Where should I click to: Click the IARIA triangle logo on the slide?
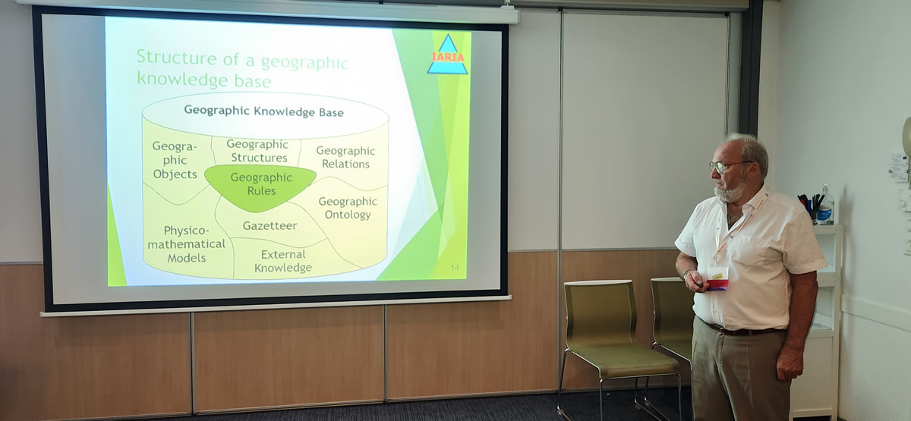[447, 55]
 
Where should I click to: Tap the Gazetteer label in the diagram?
[270, 225]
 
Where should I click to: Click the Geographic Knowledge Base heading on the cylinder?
[264, 112]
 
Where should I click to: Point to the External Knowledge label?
[283, 261]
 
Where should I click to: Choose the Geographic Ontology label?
[348, 208]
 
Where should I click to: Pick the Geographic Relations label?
[345, 157]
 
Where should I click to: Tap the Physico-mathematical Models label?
[186, 243]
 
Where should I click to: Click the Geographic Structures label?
[257, 151]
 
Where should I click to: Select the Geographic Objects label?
[175, 160]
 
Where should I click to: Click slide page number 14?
[455, 267]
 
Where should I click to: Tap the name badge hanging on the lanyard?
[717, 277]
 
